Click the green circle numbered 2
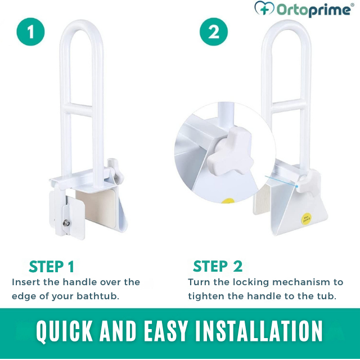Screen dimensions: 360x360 [x=214, y=32]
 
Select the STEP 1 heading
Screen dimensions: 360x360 [x=51, y=267]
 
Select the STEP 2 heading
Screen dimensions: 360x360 [x=218, y=266]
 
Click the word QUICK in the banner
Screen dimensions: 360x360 [x=61, y=332]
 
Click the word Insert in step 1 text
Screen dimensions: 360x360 [x=26, y=282]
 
